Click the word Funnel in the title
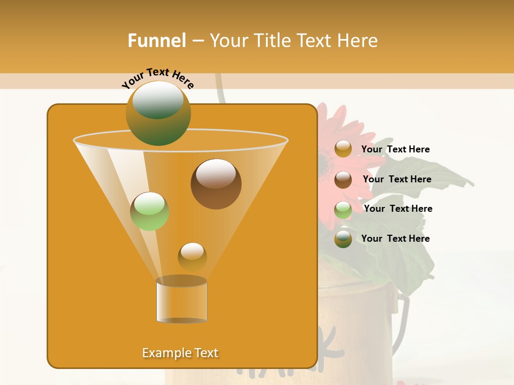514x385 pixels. click(x=156, y=41)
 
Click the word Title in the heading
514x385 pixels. click(x=271, y=41)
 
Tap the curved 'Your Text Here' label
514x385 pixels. click(x=157, y=78)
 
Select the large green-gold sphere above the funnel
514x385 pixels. click(x=158, y=113)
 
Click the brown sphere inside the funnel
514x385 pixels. click(x=216, y=184)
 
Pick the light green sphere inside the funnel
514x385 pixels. click(x=149, y=211)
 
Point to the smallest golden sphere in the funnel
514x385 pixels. click(x=192, y=257)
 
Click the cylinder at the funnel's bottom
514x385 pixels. click(x=182, y=302)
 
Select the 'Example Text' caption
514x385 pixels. click(x=180, y=353)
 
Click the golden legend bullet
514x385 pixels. click(x=343, y=149)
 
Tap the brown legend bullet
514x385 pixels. click(x=343, y=180)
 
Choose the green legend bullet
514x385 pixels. click(x=343, y=210)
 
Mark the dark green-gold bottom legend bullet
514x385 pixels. click(x=343, y=239)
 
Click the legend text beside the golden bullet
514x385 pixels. click(x=395, y=150)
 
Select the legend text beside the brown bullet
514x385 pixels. click(x=397, y=180)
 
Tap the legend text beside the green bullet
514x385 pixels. click(x=398, y=209)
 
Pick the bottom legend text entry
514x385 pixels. click(x=395, y=238)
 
